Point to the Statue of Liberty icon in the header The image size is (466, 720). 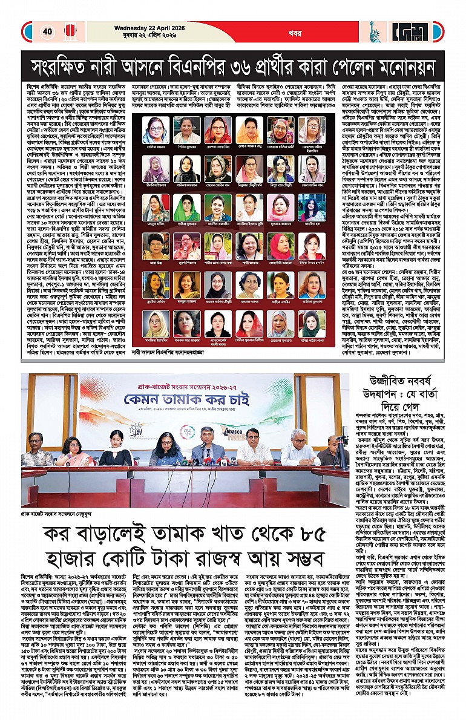tap(375, 31)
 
